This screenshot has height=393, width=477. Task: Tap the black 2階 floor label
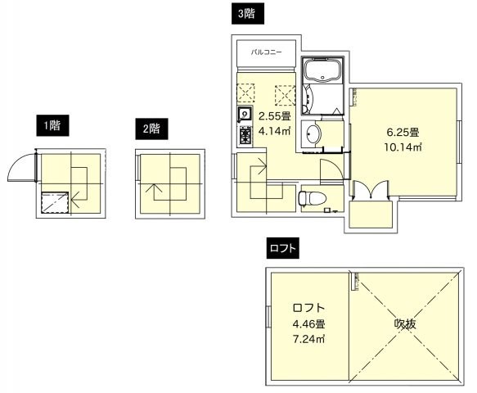[x=150, y=128]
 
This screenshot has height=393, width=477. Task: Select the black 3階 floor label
[x=244, y=13]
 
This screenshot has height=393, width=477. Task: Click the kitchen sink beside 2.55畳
[x=245, y=114]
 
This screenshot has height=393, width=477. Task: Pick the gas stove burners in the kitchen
[x=245, y=134]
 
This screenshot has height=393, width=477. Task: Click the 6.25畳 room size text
[x=403, y=132]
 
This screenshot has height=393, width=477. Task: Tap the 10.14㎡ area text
[x=403, y=147]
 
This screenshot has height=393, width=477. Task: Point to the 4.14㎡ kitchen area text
[x=275, y=130]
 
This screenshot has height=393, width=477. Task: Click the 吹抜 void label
[x=405, y=324]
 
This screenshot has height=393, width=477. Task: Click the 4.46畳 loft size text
[x=308, y=323]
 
